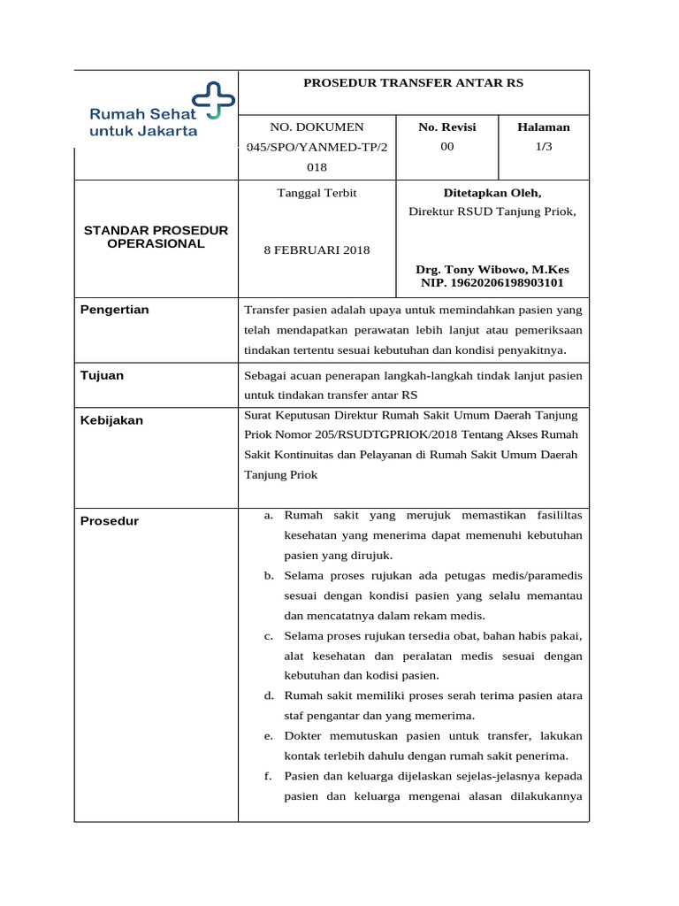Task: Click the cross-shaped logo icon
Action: coord(214,100)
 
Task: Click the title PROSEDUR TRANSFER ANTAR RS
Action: coord(413,82)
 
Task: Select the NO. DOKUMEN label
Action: coord(317,127)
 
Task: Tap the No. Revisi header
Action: coord(446,127)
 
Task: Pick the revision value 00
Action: coord(446,146)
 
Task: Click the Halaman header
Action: coord(544,127)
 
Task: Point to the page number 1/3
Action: coord(544,146)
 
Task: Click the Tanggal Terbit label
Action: coord(317,192)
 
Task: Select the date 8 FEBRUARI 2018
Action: coord(317,250)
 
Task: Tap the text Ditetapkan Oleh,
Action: coord(492,192)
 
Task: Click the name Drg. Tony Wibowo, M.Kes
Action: coord(492,269)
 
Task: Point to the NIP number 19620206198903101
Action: coord(492,283)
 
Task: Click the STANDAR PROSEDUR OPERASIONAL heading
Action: coord(156,236)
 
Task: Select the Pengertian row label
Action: coord(115,310)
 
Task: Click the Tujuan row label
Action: coord(103,375)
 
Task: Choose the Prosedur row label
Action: coord(110,521)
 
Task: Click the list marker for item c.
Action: coord(268,636)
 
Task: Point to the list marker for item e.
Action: coord(268,736)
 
